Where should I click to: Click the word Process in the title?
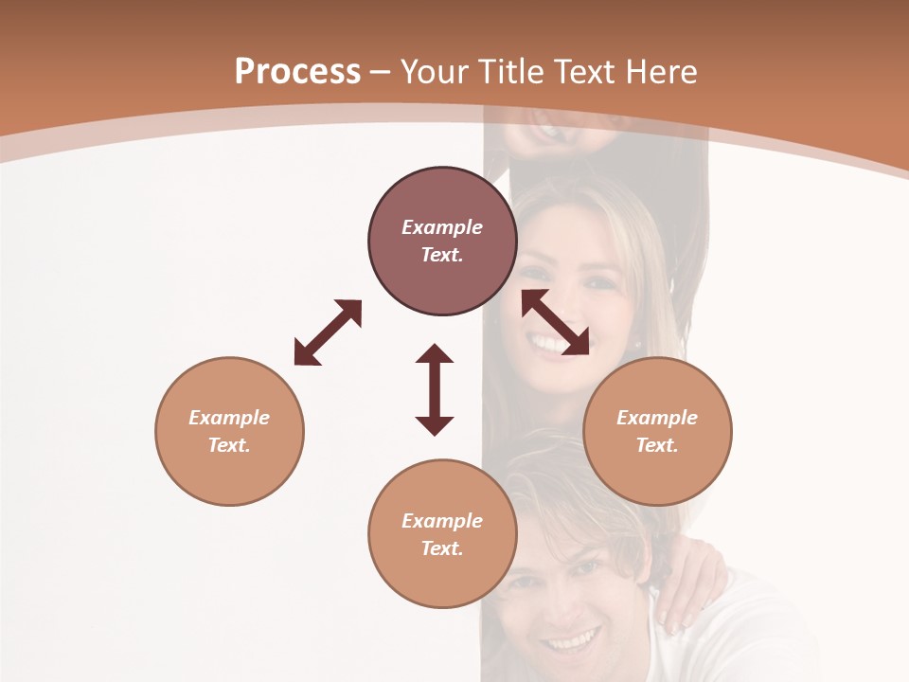pyautogui.click(x=297, y=71)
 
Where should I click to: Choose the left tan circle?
pyautogui.click(x=229, y=431)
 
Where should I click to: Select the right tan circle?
pyautogui.click(x=657, y=431)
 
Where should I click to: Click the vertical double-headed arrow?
pyautogui.click(x=435, y=389)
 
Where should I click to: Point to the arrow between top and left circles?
pyautogui.click(x=328, y=332)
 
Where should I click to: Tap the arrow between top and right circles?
pyautogui.click(x=556, y=322)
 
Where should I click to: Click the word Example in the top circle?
pyautogui.click(x=442, y=227)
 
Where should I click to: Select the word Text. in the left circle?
pyautogui.click(x=229, y=445)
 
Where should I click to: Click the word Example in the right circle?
pyautogui.click(x=657, y=418)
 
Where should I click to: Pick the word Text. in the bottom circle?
pyautogui.click(x=442, y=548)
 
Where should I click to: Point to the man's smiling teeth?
pyautogui.click(x=570, y=643)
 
